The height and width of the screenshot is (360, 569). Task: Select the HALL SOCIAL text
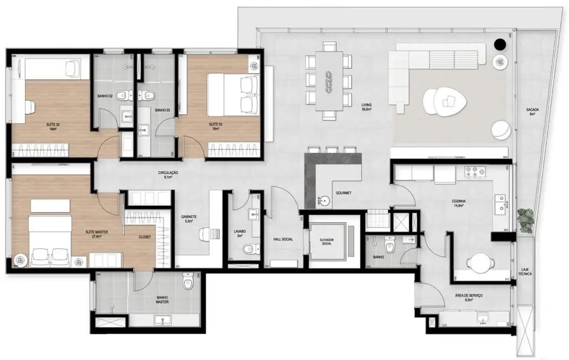click(283, 239)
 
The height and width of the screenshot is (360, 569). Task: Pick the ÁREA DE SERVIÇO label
click(468, 296)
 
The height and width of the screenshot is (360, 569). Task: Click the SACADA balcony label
click(533, 111)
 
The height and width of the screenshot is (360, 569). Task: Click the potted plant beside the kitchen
click(525, 219)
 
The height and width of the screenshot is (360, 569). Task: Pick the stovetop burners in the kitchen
click(474, 173)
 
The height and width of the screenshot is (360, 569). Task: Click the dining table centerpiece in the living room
click(329, 81)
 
